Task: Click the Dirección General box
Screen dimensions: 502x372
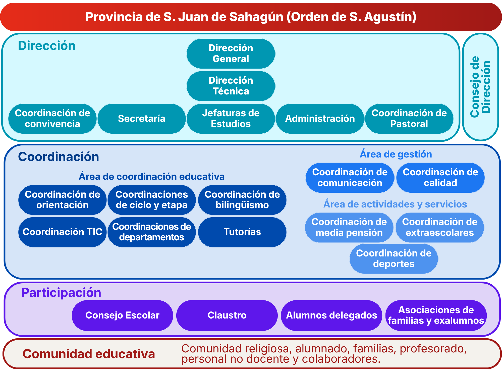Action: [231, 54]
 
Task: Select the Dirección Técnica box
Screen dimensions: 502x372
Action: [231, 86]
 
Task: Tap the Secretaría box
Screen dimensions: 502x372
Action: [142, 119]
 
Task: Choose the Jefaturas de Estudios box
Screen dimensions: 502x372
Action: [231, 119]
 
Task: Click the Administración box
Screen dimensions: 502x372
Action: [320, 119]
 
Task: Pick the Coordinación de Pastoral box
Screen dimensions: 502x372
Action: [409, 119]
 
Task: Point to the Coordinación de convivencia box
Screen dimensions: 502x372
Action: [52, 119]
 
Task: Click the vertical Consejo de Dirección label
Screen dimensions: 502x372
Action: [480, 87]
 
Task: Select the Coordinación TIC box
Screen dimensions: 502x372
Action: [63, 232]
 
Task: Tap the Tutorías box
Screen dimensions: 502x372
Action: [242, 232]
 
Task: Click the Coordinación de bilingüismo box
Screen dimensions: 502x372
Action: [242, 200]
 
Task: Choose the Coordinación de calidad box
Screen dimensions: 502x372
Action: [440, 178]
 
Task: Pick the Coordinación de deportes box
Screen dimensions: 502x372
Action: [394, 259]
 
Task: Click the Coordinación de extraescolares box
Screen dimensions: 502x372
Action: [440, 227]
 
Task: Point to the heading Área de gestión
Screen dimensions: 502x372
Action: [396, 154]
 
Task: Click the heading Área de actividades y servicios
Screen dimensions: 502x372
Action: [395, 204]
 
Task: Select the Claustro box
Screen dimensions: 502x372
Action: [227, 315]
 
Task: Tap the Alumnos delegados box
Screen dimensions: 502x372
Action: [331, 315]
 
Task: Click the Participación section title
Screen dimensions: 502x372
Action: [61, 293]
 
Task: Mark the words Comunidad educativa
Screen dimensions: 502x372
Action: [89, 354]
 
